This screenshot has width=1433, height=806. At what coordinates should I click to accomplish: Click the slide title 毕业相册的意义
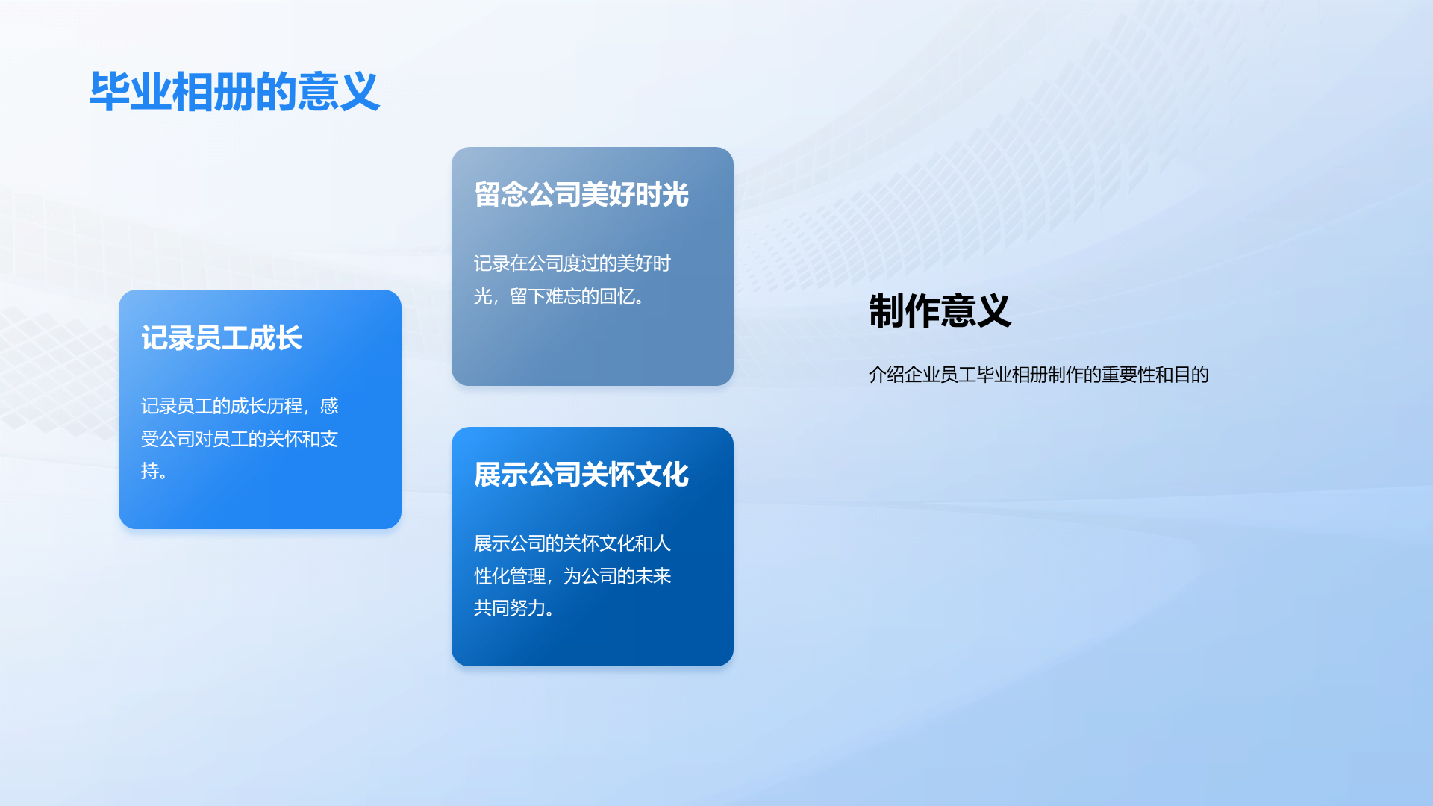pyautogui.click(x=234, y=92)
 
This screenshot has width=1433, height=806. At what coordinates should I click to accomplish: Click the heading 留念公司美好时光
pyautogui.click(x=581, y=194)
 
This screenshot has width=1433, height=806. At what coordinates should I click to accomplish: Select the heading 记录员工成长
pyautogui.click(x=222, y=338)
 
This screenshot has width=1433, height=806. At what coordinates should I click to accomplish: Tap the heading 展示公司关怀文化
pyautogui.click(x=581, y=475)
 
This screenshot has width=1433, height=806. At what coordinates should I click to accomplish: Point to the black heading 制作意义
pyautogui.click(x=940, y=310)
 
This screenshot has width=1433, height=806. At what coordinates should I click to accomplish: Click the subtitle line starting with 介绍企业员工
pyautogui.click(x=1039, y=375)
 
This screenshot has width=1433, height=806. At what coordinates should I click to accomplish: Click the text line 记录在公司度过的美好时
pyautogui.click(x=572, y=263)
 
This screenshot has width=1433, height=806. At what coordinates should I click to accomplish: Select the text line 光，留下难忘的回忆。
pyautogui.click(x=560, y=296)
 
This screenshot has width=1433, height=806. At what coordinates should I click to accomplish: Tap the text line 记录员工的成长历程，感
pyautogui.click(x=240, y=406)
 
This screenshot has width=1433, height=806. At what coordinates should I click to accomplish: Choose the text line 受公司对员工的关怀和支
pyautogui.click(x=240, y=439)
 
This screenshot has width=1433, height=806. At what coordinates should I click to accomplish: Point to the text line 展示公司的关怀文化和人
pyautogui.click(x=572, y=543)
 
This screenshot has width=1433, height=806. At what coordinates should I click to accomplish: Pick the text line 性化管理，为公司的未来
pyautogui.click(x=572, y=576)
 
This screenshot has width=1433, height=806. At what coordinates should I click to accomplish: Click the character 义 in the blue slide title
pyautogui.click(x=360, y=92)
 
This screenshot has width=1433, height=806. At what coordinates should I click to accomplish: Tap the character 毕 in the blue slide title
pyautogui.click(x=110, y=92)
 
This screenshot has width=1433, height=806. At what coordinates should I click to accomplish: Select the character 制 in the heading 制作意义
pyautogui.click(x=886, y=310)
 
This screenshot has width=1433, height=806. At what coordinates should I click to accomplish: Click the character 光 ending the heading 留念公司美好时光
pyautogui.click(x=675, y=194)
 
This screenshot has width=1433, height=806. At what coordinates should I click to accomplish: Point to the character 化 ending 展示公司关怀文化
pyautogui.click(x=675, y=475)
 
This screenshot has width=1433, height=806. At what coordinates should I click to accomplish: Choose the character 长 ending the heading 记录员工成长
pyautogui.click(x=289, y=338)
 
